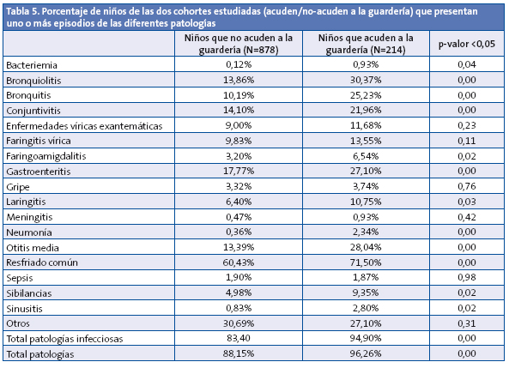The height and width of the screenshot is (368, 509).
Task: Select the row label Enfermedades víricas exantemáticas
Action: [83, 126]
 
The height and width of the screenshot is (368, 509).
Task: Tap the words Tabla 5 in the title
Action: [23, 9]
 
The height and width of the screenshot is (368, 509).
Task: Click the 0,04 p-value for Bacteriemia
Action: [466, 65]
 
